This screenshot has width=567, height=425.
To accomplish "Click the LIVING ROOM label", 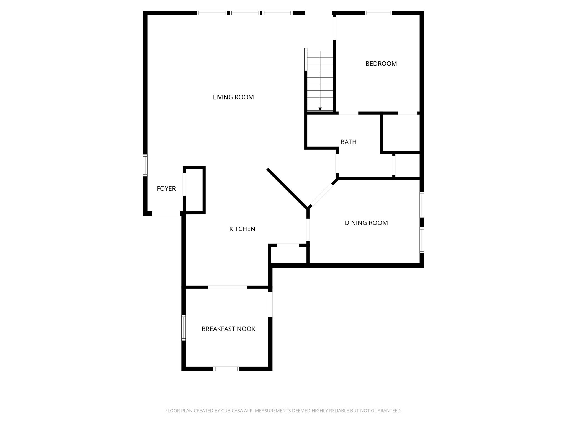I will point(233,97).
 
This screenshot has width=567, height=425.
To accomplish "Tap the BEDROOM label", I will point(381,64).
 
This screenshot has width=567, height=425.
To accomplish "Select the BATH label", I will point(348,142).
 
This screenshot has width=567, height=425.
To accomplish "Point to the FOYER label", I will point(166,188).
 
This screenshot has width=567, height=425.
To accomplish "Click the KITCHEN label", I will point(242,229).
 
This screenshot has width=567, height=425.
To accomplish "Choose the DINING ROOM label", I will point(366,223).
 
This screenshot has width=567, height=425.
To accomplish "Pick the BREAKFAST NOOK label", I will point(228,329).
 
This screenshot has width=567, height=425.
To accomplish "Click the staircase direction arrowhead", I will point(320,109).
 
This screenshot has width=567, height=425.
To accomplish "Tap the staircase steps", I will point(320,80).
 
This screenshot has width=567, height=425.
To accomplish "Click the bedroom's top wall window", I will point(378,13).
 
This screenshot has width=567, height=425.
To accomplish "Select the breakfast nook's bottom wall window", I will point(226,369).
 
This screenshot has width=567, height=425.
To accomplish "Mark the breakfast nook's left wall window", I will point(184,327).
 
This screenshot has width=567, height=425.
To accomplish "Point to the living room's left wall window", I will point(145,165).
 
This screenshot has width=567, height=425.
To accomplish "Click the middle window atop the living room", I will point(245,13).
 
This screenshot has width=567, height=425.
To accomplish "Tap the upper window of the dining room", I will point(422,205).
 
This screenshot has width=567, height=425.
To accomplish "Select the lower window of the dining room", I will point(422,240).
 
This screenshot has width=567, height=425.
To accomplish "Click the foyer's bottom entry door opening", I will point(166,213).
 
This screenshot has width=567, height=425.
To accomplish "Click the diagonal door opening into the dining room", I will point(321,195).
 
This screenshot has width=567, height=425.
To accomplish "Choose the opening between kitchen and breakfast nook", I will point(227,287).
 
